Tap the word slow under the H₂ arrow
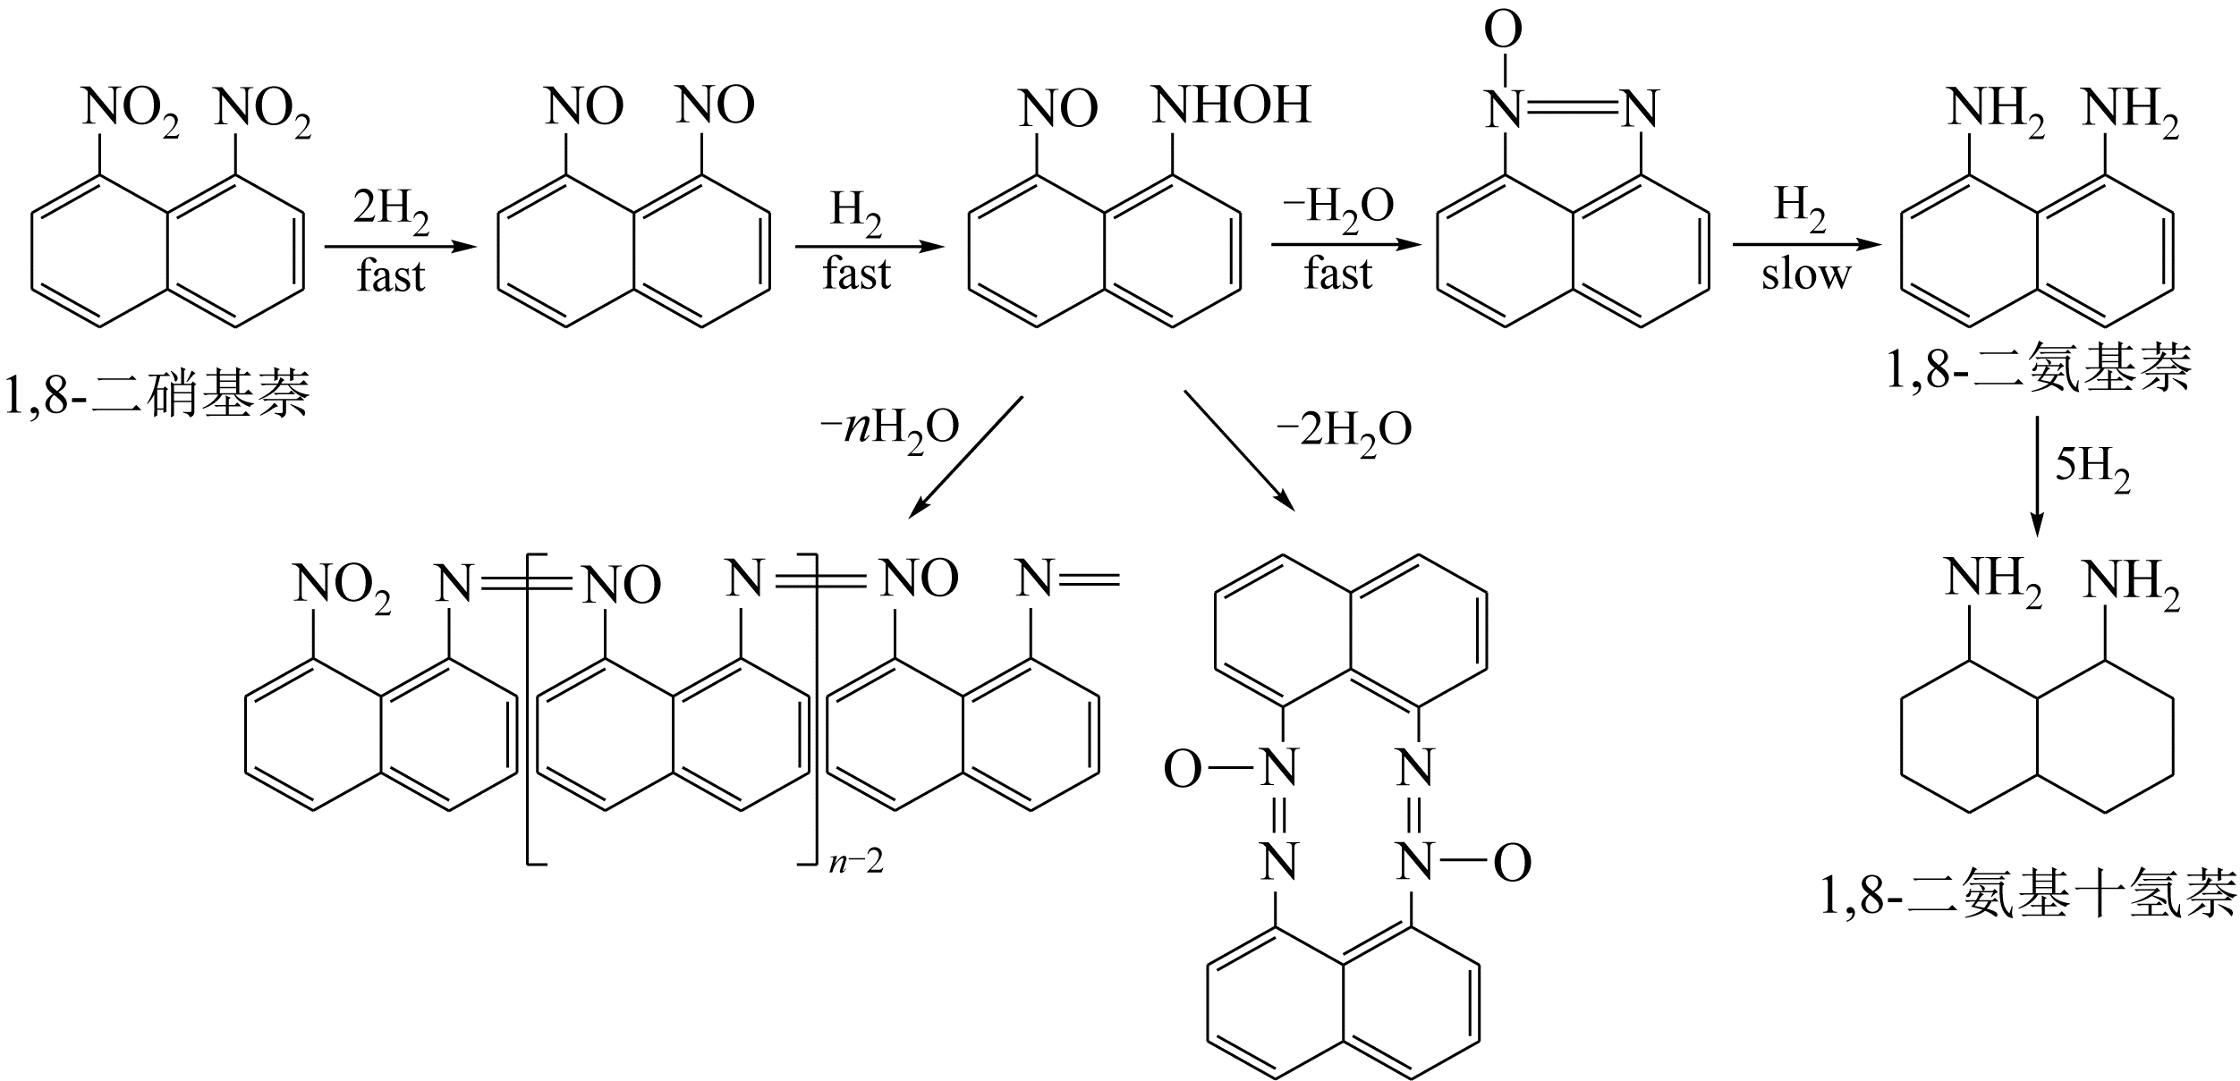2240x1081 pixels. [x=1805, y=274]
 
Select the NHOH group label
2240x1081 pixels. [x=1232, y=106]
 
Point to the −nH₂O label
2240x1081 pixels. [x=889, y=430]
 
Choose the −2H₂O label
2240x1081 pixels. [x=1344, y=430]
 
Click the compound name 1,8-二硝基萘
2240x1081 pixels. [x=157, y=393]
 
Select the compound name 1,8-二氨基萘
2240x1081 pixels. [x=2039, y=368]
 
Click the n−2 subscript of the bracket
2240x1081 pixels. [x=856, y=862]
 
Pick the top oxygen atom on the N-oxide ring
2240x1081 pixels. [x=1503, y=30]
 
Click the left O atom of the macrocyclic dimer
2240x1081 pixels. [x=1182, y=769]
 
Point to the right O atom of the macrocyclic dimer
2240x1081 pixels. [x=1512, y=864]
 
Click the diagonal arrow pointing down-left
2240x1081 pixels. [x=965, y=457]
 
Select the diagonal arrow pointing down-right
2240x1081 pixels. [x=1240, y=451]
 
